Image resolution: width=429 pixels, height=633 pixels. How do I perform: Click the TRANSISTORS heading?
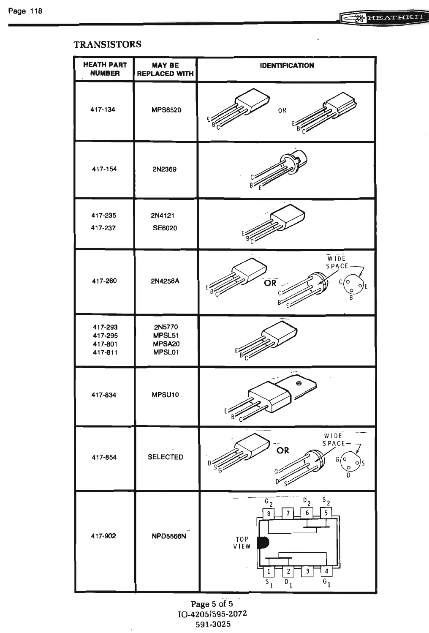(x=107, y=44)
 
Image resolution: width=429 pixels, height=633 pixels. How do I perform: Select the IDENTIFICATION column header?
(x=287, y=65)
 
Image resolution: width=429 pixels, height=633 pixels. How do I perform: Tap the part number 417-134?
(x=103, y=109)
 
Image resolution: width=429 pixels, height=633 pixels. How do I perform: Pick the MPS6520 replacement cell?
(x=166, y=110)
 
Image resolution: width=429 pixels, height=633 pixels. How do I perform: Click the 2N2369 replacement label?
(x=164, y=169)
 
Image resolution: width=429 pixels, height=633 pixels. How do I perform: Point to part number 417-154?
(x=104, y=169)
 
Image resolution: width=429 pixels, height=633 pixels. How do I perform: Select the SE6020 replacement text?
(x=165, y=228)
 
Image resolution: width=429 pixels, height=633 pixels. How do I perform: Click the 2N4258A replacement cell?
(x=165, y=281)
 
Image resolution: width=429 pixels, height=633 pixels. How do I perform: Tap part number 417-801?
(x=105, y=344)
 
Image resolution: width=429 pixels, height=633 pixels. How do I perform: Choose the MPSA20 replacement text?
(x=166, y=344)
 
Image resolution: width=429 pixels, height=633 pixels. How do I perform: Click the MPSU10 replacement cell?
(x=165, y=395)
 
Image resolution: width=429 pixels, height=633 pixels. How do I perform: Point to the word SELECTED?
(x=166, y=457)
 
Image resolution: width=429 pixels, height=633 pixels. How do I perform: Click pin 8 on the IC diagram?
(x=269, y=513)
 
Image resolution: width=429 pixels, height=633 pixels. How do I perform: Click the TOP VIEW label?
(x=242, y=543)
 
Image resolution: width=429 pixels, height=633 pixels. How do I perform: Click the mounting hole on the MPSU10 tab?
(x=299, y=383)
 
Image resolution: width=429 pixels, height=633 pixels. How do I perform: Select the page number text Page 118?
(x=25, y=11)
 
